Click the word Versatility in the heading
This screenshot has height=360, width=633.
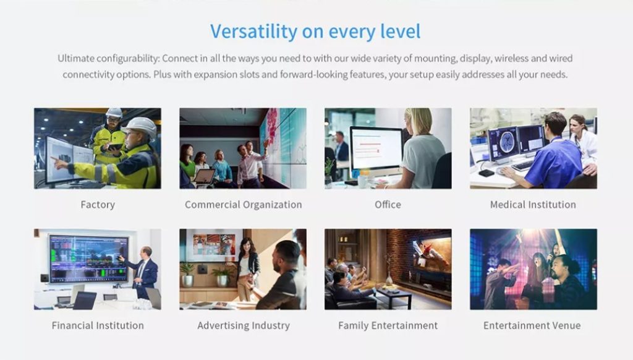253,32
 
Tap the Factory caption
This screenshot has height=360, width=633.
98,205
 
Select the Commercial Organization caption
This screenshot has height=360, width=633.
244,205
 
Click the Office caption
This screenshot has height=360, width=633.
388,205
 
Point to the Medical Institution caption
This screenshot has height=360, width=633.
533,205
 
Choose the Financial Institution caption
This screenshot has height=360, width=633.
98,325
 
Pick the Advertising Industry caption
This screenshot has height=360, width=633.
244,325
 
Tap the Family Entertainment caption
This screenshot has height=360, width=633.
388,325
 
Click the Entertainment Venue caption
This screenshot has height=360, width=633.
532,325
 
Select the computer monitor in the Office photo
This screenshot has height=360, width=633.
376,150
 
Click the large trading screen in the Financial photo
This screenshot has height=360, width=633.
89,258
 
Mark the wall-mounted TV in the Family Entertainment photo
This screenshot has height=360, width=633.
431,255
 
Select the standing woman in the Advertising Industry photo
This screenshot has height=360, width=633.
247,268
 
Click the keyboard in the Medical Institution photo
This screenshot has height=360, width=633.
522,166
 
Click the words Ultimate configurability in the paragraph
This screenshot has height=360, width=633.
109,59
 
